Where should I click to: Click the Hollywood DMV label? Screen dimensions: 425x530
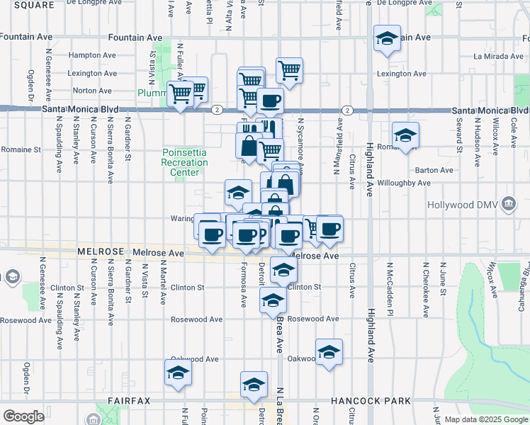[x=463, y=205]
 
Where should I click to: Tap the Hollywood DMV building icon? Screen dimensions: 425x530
[x=508, y=205]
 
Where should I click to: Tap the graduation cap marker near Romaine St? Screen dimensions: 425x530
[x=405, y=135]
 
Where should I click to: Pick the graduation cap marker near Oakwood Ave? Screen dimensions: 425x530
[x=329, y=352]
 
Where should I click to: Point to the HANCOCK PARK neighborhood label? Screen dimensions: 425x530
[x=371, y=401]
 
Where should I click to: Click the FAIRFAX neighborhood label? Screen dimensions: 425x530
[x=129, y=401]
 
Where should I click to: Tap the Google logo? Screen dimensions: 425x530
[x=23, y=416]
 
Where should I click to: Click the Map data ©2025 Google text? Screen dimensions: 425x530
[x=485, y=419]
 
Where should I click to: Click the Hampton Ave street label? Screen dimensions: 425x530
[x=92, y=55]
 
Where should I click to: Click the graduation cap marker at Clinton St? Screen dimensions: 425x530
[x=283, y=270]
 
